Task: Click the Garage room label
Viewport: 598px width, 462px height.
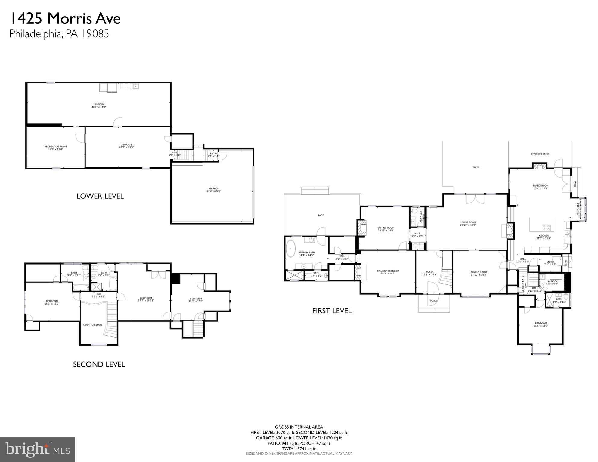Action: click(214, 190)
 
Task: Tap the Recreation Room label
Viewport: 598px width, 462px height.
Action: click(56, 148)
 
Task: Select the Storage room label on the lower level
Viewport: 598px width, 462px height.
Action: click(126, 146)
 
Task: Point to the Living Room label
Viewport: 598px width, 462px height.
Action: click(468, 224)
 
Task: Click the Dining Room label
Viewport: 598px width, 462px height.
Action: click(479, 273)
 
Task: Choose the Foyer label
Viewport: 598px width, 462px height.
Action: click(429, 273)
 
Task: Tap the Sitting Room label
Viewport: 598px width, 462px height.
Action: click(386, 229)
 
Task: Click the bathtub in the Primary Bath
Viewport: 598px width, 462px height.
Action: click(291, 248)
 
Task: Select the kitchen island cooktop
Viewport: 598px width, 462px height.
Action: click(546, 227)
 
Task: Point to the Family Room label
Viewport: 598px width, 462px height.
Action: click(541, 187)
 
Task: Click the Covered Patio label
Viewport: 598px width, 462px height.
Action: click(540, 154)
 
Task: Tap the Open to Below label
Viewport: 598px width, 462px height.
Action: click(93, 325)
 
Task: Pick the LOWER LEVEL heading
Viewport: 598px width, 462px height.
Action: click(100, 196)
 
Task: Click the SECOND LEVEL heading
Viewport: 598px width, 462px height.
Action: click(99, 364)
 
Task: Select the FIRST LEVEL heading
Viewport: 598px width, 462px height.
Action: click(332, 311)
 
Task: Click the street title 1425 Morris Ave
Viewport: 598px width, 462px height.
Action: click(65, 19)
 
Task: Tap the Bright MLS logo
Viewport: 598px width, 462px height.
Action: click(37, 449)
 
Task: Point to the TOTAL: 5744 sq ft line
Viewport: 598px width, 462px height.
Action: click(299, 449)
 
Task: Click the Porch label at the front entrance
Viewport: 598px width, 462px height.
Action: click(434, 301)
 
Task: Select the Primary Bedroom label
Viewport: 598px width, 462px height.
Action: click(388, 272)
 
